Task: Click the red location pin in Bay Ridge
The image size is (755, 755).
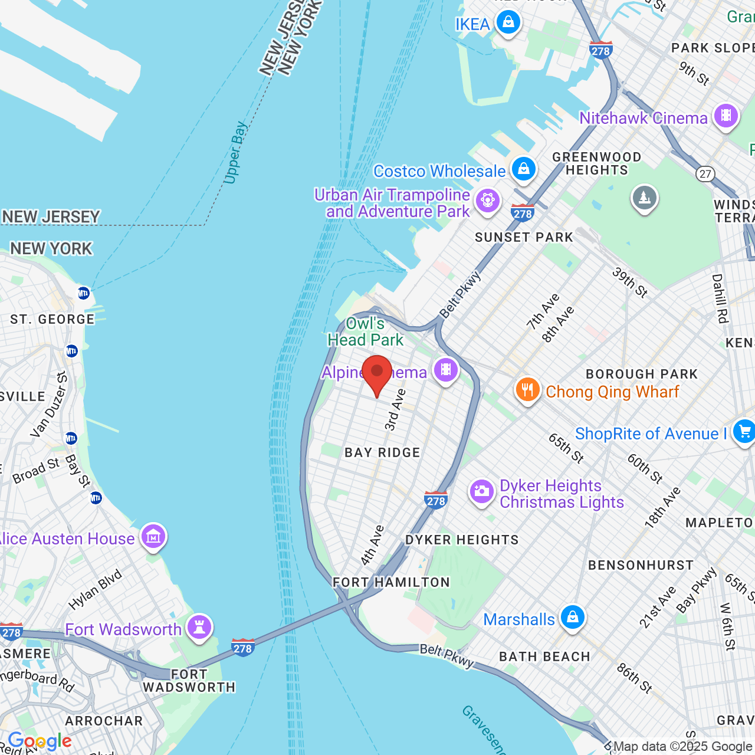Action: (x=377, y=373)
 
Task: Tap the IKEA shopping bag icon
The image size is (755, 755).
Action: (x=508, y=23)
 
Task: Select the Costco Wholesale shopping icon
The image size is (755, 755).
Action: (x=523, y=169)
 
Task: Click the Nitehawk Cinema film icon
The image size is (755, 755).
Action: (x=726, y=116)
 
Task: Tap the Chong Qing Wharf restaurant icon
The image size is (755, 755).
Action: (x=527, y=390)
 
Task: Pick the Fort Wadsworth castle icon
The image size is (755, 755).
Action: (x=199, y=627)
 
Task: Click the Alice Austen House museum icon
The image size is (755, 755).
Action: (x=153, y=537)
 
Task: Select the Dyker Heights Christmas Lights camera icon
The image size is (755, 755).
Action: (x=482, y=492)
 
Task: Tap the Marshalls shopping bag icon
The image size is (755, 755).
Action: (x=572, y=618)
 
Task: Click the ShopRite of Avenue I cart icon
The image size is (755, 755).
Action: (x=744, y=432)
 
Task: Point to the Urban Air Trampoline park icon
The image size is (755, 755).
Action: (x=487, y=201)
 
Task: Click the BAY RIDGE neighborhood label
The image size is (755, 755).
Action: (x=382, y=452)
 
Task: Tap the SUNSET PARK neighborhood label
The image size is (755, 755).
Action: (x=524, y=237)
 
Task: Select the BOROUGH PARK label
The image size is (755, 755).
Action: (x=642, y=374)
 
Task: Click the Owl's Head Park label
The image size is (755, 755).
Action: (x=366, y=331)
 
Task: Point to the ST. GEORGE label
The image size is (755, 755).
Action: (x=52, y=319)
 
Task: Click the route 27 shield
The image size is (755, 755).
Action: (x=705, y=173)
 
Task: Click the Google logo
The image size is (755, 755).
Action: (x=40, y=741)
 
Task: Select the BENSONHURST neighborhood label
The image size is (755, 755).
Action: (x=641, y=565)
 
